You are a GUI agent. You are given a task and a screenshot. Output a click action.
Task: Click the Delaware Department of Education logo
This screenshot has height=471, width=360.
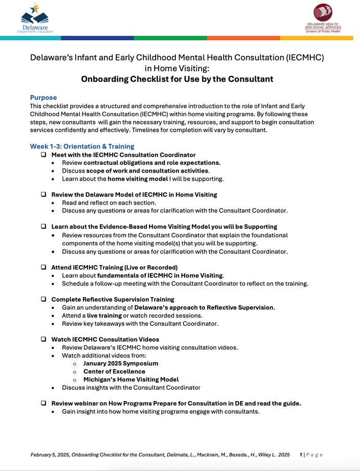35,18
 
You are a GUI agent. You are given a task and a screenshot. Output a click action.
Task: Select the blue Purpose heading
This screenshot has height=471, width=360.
43,98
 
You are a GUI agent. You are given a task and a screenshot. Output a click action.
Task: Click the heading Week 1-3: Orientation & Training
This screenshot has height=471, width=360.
82,146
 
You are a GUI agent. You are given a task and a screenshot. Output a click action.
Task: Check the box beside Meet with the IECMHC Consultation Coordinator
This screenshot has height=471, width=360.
43,155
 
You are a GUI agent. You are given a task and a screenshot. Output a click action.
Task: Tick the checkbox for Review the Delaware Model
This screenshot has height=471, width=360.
43,194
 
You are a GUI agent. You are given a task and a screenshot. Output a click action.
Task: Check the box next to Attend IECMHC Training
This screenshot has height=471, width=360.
43,267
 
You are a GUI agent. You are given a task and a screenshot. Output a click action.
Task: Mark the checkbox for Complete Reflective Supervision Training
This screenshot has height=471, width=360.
43,299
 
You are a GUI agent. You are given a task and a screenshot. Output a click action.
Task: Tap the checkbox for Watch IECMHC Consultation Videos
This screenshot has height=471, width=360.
43,339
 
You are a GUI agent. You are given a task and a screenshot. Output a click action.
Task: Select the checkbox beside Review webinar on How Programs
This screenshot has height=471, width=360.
43,403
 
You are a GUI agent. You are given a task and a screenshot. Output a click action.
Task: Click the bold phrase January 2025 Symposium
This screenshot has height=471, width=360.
120,363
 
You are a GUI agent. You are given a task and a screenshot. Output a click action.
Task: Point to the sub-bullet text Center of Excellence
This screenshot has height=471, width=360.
114,371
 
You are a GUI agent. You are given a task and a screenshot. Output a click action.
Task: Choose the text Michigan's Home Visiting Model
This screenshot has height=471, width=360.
131,379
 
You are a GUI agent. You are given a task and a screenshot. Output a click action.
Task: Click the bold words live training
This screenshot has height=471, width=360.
104,316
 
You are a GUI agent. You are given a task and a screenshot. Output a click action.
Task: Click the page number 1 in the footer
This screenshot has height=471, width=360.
301,455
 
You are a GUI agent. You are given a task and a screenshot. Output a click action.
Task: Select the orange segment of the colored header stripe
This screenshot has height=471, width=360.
243,38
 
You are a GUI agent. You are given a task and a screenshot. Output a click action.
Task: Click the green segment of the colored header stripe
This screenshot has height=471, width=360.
170,38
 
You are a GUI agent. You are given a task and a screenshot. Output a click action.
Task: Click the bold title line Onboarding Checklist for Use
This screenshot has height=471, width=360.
177,79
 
